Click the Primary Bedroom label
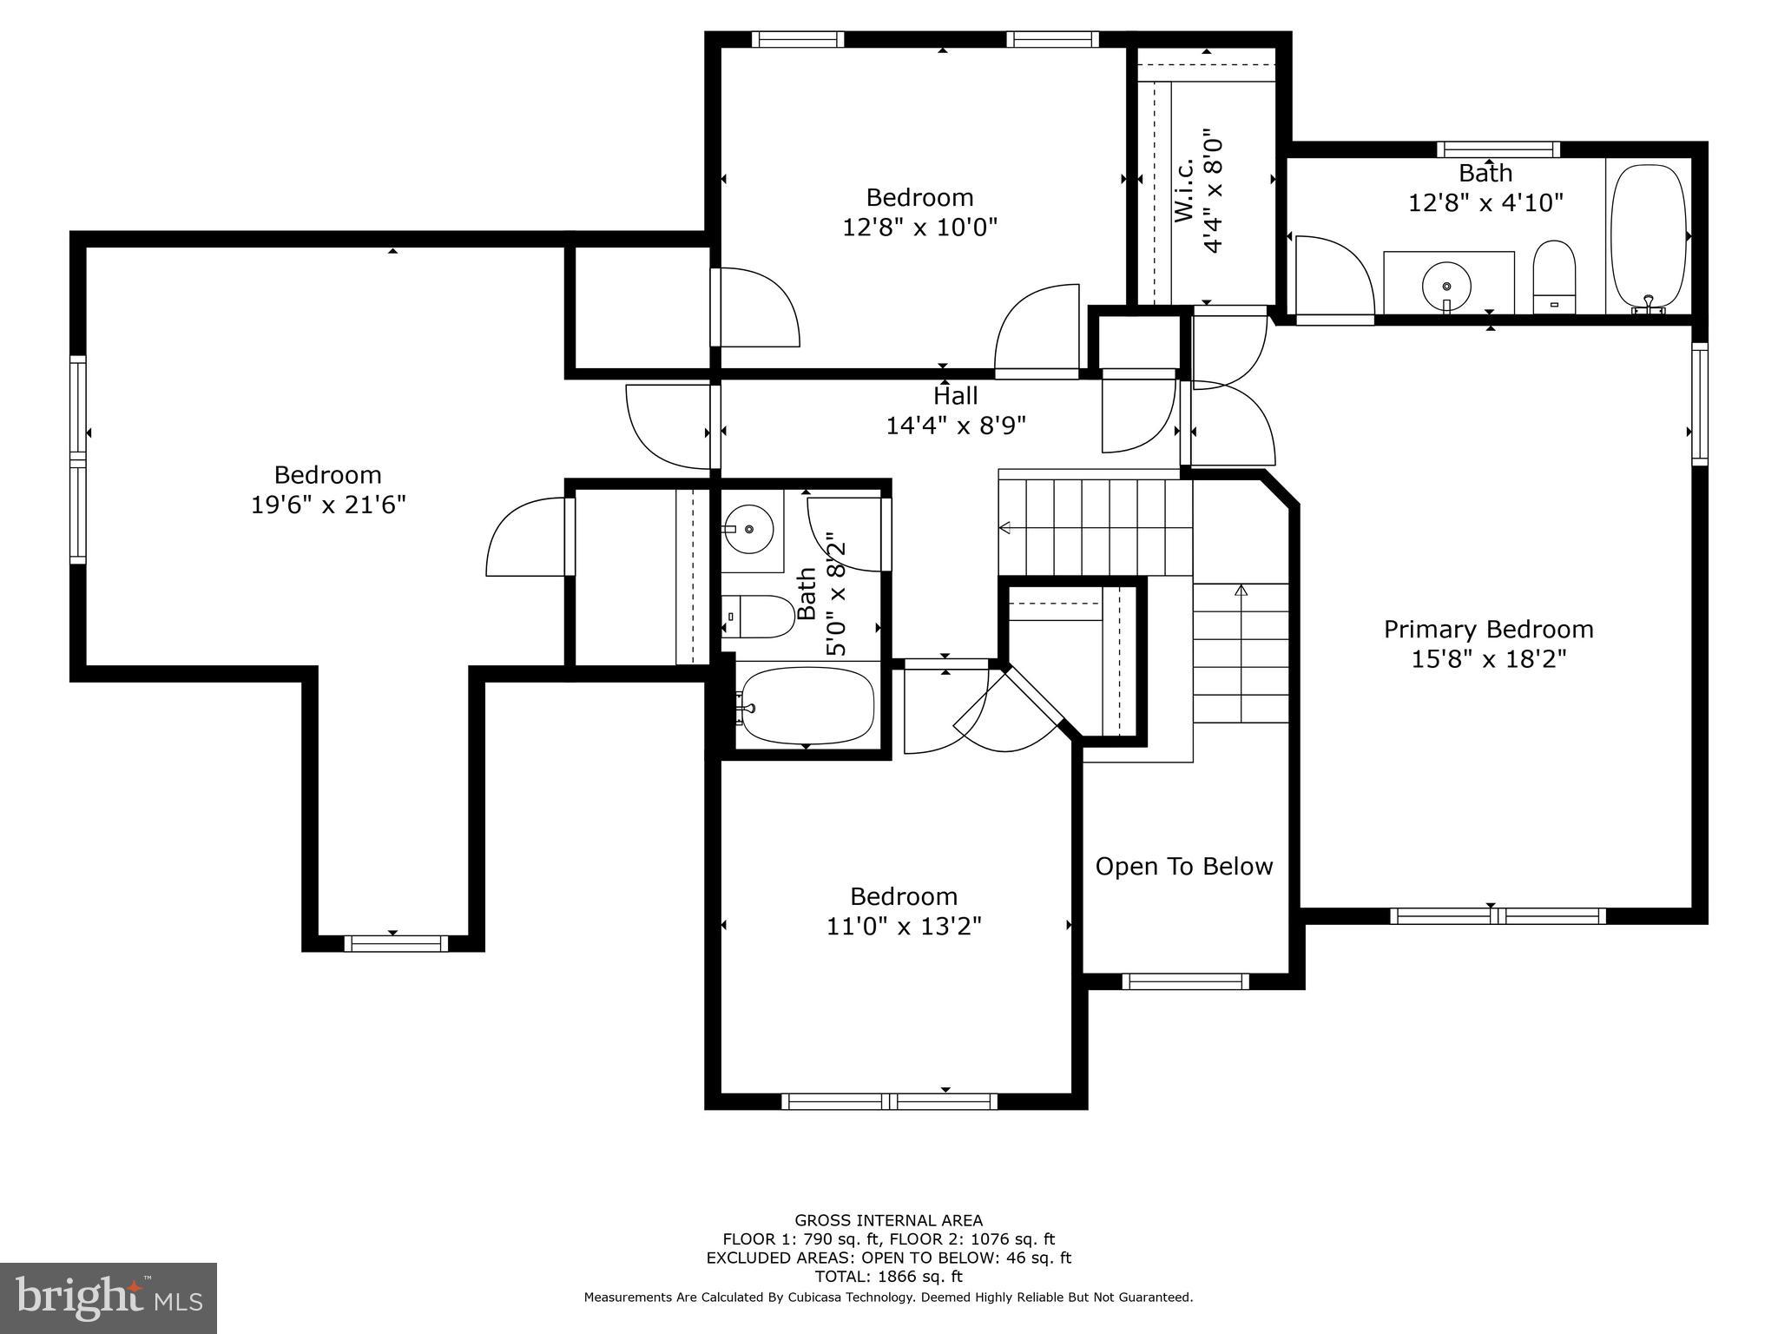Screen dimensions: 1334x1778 click(1488, 630)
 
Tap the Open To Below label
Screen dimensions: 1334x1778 click(1183, 866)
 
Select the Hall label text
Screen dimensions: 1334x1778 click(955, 396)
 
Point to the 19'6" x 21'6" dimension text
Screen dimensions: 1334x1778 click(328, 505)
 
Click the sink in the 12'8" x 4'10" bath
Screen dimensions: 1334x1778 click(1446, 286)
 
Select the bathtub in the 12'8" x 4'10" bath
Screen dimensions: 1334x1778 click(1648, 236)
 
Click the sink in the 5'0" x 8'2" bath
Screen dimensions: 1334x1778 click(748, 527)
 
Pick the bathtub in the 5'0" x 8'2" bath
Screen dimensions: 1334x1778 click(807, 706)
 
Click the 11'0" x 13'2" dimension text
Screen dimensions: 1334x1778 click(904, 927)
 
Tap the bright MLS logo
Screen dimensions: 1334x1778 click(109, 1298)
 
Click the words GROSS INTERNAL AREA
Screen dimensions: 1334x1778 click(888, 1220)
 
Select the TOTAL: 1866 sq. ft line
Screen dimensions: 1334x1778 click(888, 1277)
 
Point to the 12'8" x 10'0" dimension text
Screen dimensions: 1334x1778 click(919, 228)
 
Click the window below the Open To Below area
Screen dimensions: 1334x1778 click(1185, 981)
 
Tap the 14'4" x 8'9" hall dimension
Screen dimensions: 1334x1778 click(955, 426)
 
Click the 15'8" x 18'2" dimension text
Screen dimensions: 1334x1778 click(1488, 659)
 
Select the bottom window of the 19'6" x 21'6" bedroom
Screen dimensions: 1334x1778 click(396, 943)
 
